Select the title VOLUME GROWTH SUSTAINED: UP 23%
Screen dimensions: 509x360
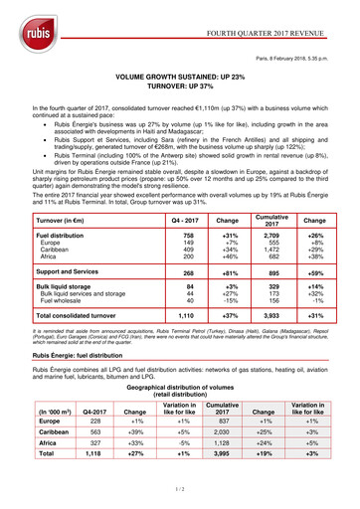[180, 76]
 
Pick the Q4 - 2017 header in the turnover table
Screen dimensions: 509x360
[183, 220]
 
